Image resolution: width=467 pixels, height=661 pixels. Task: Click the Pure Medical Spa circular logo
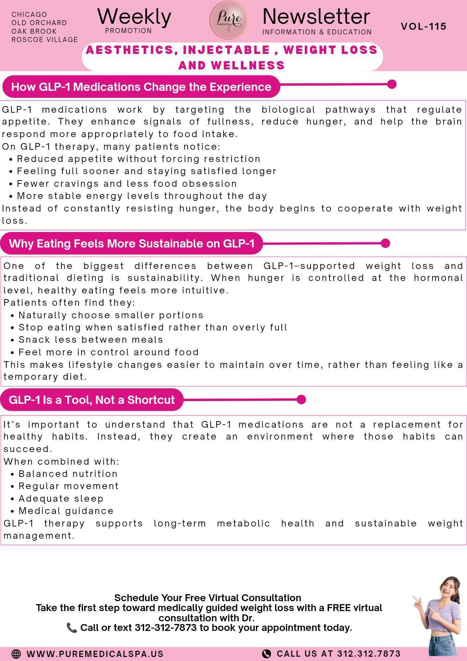point(229,20)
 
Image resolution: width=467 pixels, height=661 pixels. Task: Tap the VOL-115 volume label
point(423,26)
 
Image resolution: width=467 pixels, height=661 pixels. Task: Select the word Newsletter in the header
point(316,17)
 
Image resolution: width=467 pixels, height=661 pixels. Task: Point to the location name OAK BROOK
point(34,31)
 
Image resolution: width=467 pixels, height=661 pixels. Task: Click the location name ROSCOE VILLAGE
point(45,40)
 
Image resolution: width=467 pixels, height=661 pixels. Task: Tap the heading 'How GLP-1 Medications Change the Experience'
point(141,87)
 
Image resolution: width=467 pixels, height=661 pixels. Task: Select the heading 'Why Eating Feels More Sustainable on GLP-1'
point(132,244)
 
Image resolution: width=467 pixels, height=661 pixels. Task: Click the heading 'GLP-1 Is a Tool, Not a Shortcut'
point(91,400)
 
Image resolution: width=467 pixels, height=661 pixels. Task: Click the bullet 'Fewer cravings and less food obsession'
point(127,184)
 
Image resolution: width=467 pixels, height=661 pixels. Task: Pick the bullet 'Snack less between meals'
point(91,340)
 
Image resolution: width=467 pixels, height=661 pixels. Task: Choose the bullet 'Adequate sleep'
point(61,499)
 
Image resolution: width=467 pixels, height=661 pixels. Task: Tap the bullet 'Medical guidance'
point(66,511)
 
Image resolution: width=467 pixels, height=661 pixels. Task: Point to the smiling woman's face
point(449,592)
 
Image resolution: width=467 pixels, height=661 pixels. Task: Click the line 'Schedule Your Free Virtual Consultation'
point(208,598)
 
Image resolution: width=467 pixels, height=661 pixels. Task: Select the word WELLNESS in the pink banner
point(248,65)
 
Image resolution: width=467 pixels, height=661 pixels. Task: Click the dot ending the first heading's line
point(392,84)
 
